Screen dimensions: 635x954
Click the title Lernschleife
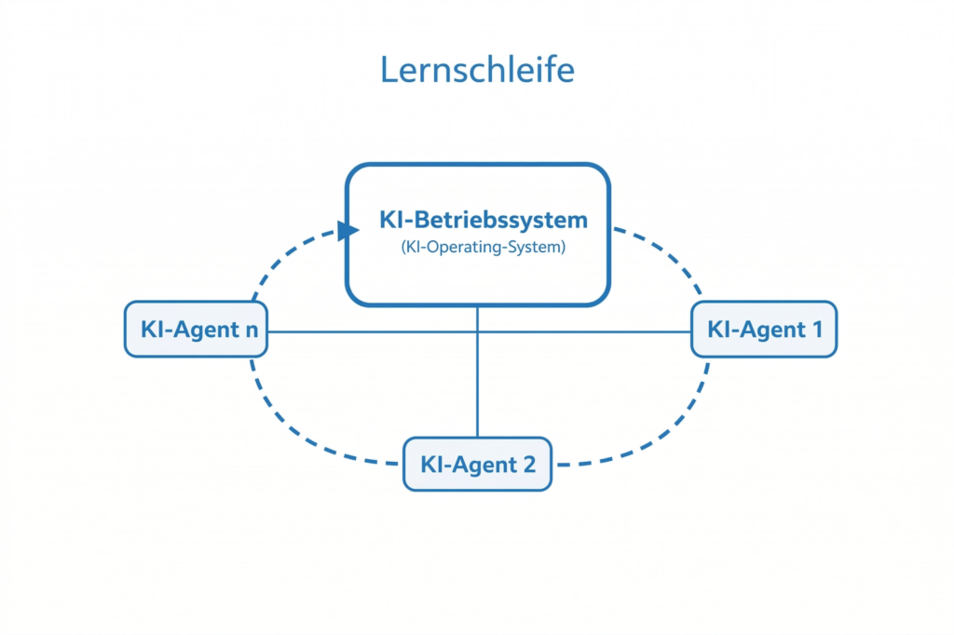(x=477, y=70)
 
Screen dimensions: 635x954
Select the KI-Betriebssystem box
(x=478, y=279)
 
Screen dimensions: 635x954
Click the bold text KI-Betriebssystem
(x=484, y=221)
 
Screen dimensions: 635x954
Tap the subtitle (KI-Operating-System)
(x=484, y=249)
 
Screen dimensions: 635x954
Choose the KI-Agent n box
(x=196, y=330)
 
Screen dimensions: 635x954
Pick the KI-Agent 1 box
(x=763, y=330)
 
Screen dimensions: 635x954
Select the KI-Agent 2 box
(x=477, y=464)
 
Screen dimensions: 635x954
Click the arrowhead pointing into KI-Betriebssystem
(x=348, y=230)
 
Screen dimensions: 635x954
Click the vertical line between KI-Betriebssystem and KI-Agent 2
(x=477, y=391)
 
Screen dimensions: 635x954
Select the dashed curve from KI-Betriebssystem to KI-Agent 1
(x=671, y=251)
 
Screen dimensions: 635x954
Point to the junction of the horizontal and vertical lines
(x=477, y=331)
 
